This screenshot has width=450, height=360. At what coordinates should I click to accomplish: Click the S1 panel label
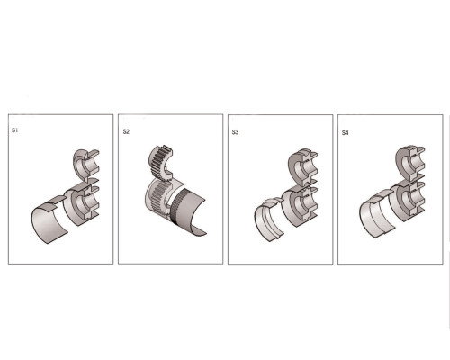tap(14, 130)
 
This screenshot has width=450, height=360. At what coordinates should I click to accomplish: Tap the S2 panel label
tap(126, 131)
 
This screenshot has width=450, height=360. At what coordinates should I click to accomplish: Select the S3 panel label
tap(235, 132)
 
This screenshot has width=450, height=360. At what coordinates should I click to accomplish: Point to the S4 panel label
tap(346, 133)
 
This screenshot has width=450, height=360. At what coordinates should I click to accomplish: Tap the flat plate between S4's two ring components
tap(411, 180)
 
